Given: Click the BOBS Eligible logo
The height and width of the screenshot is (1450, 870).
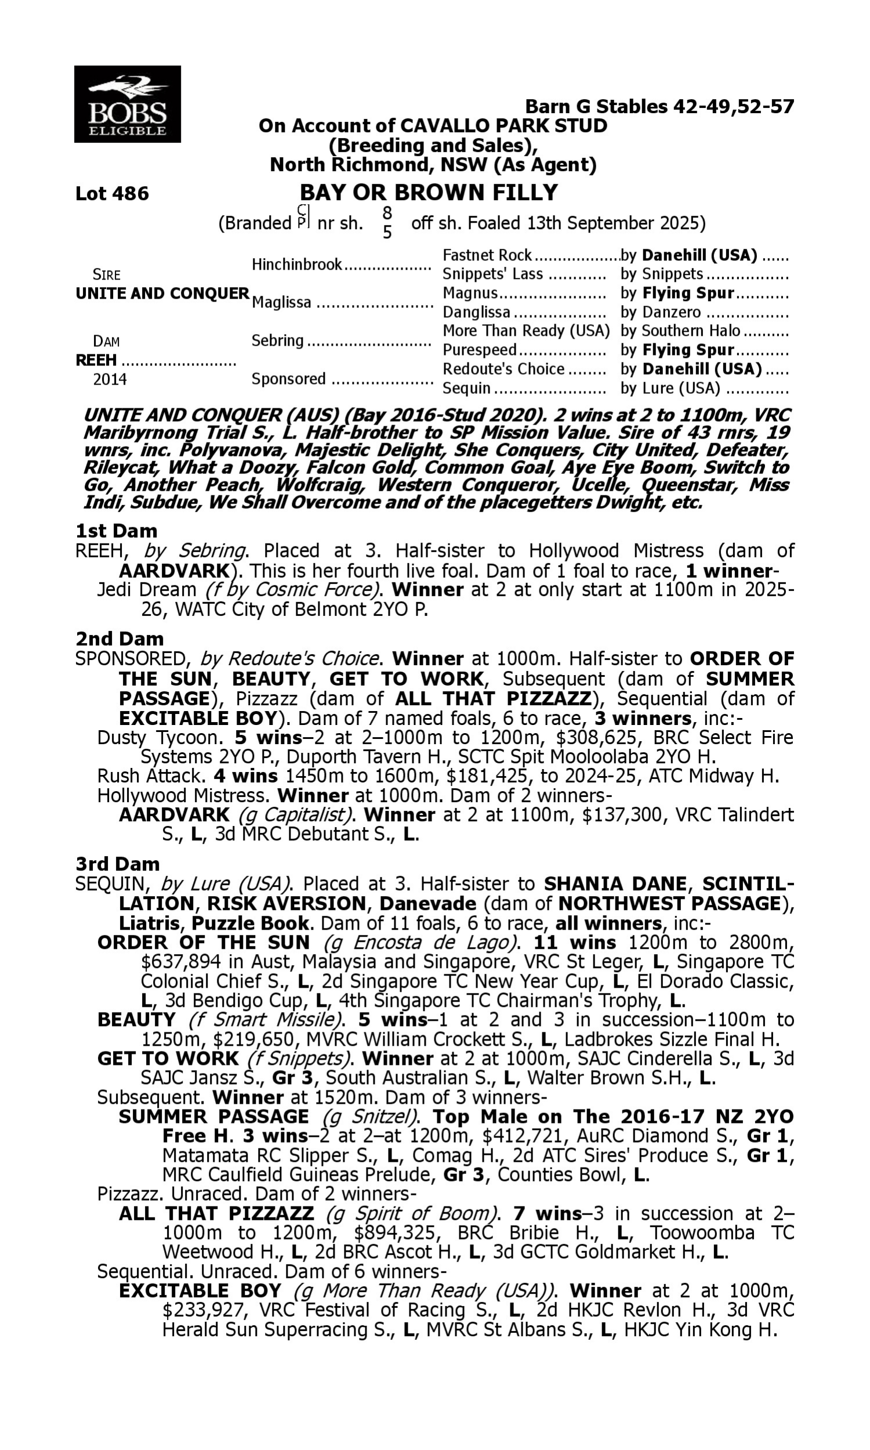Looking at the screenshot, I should pos(127,104).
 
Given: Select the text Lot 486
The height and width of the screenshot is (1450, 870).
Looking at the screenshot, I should pos(112,193).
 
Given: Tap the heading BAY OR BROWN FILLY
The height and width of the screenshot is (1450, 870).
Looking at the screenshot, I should pos(429,192).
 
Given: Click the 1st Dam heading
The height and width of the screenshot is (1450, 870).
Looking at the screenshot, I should pos(116,531).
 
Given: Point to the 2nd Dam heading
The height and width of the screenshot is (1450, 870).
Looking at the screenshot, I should pos(119,639).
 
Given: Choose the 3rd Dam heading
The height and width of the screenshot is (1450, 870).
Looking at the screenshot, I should pos(117,864).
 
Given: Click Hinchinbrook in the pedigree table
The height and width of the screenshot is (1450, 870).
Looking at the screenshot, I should pos(296,265).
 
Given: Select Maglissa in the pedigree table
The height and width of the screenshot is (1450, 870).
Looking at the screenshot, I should pos(281,303).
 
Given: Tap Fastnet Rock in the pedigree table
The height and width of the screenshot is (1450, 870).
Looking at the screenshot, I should pos(487,256).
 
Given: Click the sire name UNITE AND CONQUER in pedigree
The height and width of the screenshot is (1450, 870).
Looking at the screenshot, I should pos(162,293).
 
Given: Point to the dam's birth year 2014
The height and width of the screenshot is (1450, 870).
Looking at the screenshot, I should pos(110,380).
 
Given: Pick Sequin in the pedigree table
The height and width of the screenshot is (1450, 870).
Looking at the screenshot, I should pos(466,389).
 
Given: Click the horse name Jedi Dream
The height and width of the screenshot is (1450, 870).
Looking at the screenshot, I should pos(147,590).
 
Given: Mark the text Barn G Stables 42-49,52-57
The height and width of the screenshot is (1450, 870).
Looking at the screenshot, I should pos(659,107).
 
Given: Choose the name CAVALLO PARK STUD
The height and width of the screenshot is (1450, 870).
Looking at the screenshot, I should pos(503,126).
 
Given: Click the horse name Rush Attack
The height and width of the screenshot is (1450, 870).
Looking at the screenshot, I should pos(150,776).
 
